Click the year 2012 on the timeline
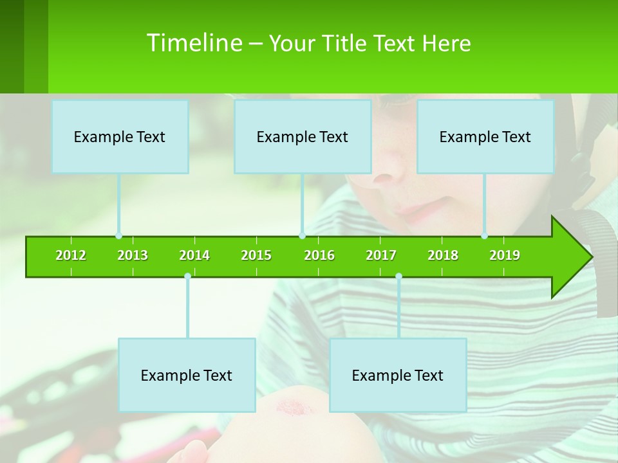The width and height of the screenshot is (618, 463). [x=71, y=255]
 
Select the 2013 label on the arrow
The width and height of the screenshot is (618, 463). [x=133, y=255]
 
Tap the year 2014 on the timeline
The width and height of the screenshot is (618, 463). [x=194, y=255]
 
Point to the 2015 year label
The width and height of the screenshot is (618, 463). [x=256, y=255]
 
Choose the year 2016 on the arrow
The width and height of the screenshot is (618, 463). [x=319, y=255]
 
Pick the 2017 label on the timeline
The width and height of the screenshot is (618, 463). [x=381, y=255]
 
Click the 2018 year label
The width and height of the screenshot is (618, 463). [x=443, y=255]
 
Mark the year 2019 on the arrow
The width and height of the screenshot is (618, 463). [x=505, y=255]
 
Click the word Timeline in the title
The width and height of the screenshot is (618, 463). [x=193, y=43]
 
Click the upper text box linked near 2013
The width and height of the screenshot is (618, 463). [x=120, y=136]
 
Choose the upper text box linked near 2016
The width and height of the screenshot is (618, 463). [x=303, y=136]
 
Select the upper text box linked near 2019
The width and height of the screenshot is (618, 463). [x=485, y=136]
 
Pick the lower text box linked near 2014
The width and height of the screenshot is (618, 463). [x=187, y=375]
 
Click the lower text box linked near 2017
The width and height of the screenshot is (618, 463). [x=398, y=375]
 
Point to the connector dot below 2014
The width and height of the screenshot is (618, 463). [x=187, y=276]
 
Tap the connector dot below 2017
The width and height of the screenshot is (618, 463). [x=398, y=276]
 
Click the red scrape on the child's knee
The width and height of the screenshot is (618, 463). [x=293, y=406]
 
